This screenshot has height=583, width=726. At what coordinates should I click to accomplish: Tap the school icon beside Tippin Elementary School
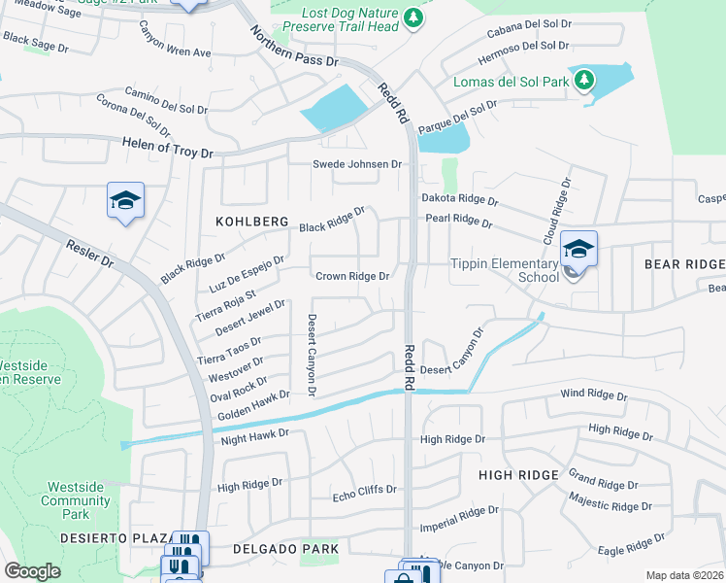[x=578, y=250]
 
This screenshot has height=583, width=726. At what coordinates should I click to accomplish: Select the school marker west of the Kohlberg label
[x=125, y=201]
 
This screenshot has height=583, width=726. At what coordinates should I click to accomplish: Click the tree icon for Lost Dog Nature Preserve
[x=413, y=17]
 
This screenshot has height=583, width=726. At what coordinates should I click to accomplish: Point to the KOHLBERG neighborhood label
[x=252, y=223]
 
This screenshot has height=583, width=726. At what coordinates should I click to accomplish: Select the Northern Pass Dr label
[x=294, y=47]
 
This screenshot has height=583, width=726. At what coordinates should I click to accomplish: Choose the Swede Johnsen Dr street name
[x=356, y=164]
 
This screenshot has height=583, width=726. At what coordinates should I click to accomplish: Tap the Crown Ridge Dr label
[x=352, y=276]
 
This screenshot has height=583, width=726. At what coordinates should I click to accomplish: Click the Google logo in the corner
[x=32, y=570]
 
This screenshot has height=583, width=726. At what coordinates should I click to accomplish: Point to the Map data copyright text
[x=685, y=575]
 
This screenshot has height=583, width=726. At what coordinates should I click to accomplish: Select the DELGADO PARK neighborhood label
[x=286, y=549]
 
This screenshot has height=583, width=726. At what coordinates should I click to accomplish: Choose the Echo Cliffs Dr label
[x=365, y=491]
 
